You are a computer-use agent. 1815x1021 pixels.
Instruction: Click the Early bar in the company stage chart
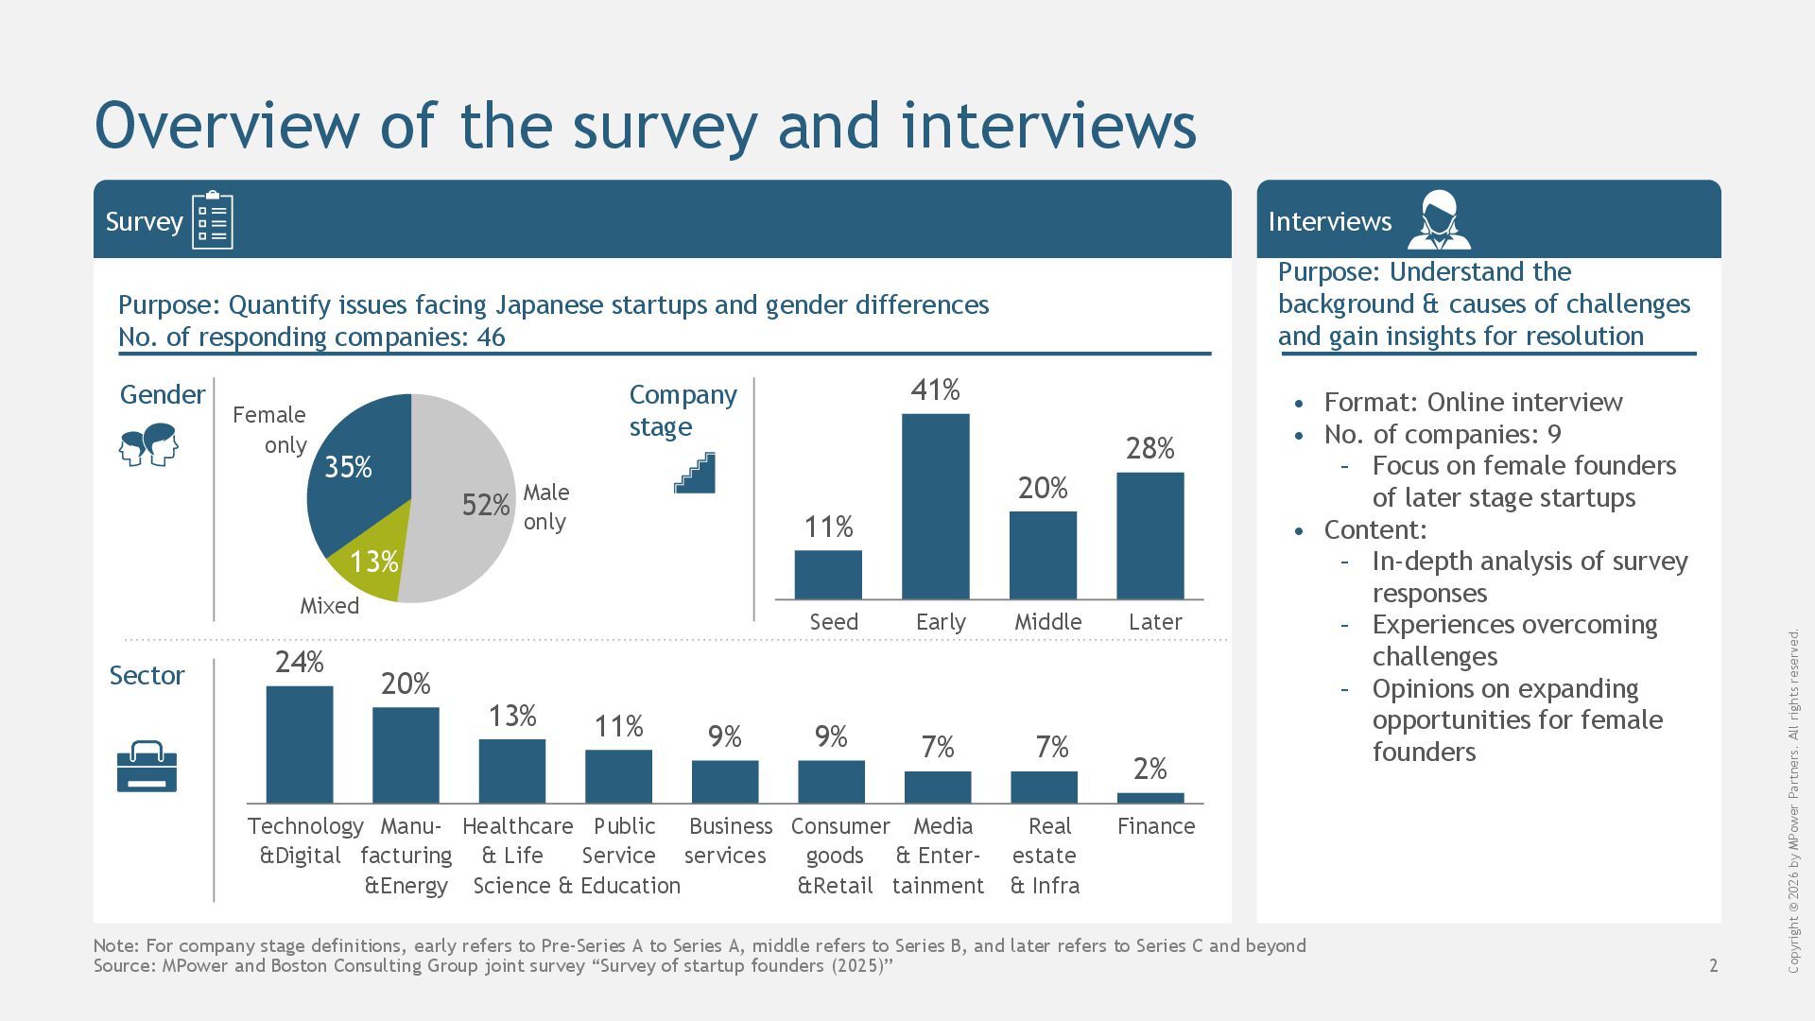935,507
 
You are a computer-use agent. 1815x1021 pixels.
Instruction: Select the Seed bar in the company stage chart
828,575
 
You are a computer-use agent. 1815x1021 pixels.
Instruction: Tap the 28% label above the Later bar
1149,448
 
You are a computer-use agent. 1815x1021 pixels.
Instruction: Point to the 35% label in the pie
348,467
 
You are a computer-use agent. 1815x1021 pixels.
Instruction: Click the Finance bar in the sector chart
1149,798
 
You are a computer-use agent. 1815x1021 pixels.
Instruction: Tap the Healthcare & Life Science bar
512,771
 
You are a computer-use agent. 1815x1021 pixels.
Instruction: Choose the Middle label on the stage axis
1047,622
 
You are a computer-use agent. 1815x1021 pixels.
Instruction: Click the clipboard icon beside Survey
213,220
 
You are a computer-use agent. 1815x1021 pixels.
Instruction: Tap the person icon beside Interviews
1439,220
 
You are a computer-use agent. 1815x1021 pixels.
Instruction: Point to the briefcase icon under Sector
147,767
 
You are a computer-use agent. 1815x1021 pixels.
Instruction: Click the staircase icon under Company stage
695,473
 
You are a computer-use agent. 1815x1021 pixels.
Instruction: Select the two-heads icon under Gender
149,443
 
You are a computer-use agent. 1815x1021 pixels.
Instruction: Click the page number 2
1714,965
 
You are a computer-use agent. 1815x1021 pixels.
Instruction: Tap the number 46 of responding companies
491,337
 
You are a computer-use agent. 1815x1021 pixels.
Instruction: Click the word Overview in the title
227,126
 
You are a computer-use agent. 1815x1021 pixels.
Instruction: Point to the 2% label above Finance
1149,770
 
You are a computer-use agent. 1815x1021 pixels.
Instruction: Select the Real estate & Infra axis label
1045,856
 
